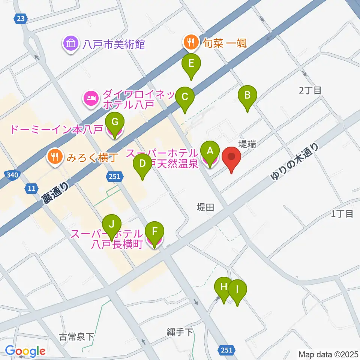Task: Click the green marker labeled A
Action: click(210, 151)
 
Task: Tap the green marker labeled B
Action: click(247, 95)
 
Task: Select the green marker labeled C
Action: click(184, 96)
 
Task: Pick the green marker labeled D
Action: click(142, 163)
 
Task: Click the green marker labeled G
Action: click(115, 122)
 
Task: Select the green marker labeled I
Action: click(237, 289)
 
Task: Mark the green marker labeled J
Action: click(111, 224)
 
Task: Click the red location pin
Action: click(231, 157)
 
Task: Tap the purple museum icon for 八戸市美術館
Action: click(70, 45)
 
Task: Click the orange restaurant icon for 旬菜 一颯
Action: click(190, 43)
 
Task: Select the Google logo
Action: click(25, 351)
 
